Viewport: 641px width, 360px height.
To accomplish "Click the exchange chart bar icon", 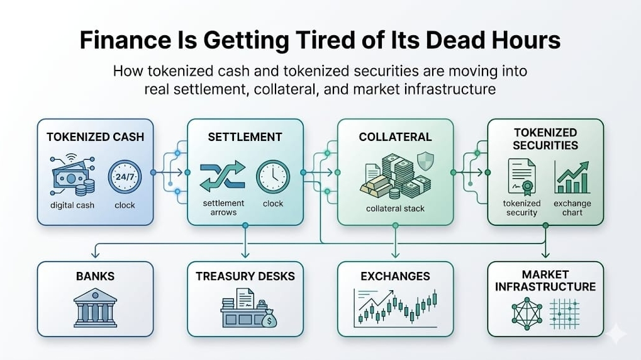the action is pos(572,177).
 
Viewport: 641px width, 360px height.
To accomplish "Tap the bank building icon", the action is pos(94,308).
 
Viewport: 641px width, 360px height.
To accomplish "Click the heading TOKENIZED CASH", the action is pos(95,137).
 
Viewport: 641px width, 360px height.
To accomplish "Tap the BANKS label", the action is pos(94,276).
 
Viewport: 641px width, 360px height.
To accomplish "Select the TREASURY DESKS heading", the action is pos(245,276).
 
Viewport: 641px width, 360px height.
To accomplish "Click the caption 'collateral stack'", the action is pos(395,208).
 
